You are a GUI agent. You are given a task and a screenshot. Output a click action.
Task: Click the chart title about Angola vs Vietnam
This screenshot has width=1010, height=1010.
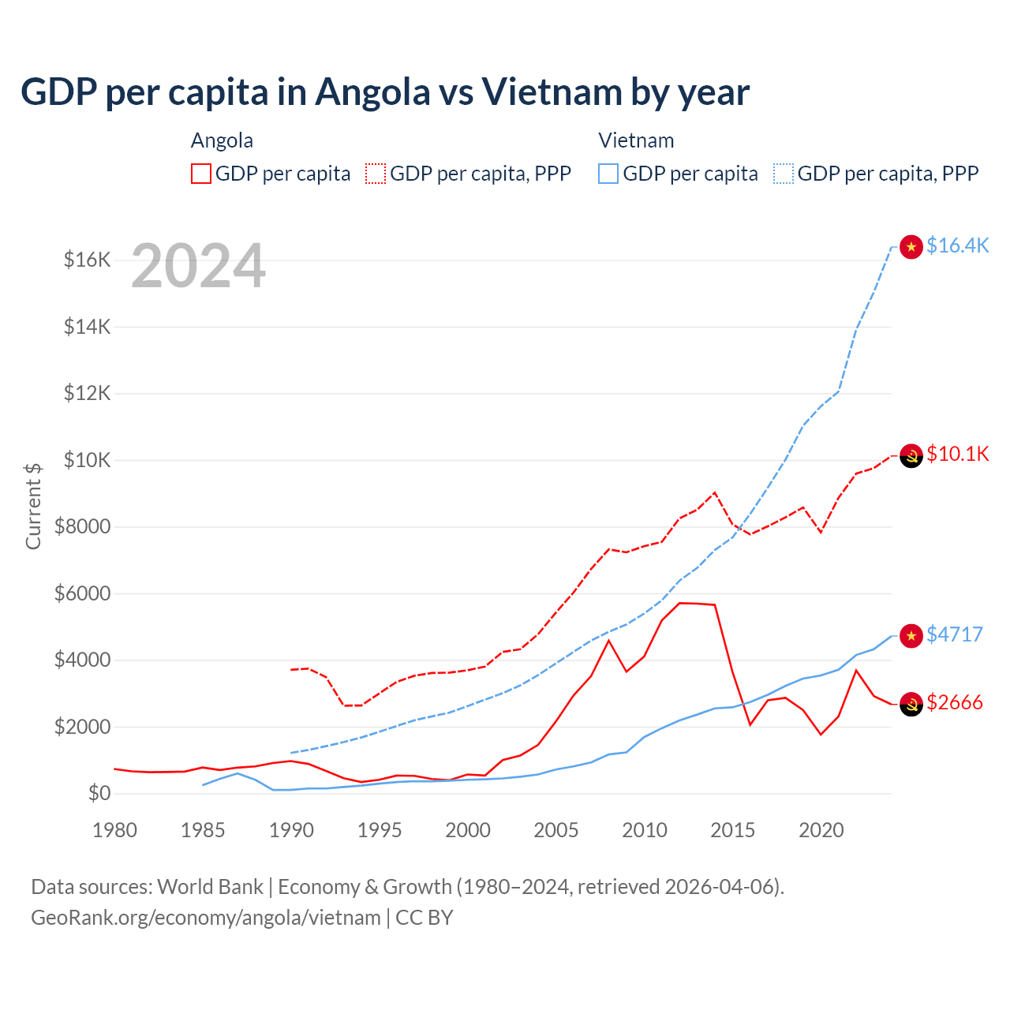[385, 92]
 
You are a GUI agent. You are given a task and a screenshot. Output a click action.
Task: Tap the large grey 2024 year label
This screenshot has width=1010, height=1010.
[198, 266]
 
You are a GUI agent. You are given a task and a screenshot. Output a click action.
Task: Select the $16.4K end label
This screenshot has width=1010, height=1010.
[957, 245]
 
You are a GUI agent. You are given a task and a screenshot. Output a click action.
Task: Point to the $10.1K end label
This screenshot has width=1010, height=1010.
[957, 454]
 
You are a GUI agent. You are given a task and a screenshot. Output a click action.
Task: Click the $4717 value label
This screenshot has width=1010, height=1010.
[954, 634]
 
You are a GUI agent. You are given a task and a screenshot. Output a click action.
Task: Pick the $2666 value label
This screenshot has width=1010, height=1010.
[954, 702]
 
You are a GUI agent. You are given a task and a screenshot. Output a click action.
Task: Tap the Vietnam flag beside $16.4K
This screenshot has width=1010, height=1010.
[911, 247]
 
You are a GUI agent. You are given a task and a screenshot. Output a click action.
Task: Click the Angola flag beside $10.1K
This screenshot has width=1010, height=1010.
[911, 455]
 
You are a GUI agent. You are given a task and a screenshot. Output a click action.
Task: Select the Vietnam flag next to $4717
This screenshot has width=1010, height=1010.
[911, 636]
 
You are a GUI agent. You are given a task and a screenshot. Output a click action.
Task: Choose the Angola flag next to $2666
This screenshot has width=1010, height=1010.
[911, 704]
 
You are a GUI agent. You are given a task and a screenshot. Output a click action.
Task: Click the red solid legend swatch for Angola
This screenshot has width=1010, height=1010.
[201, 174]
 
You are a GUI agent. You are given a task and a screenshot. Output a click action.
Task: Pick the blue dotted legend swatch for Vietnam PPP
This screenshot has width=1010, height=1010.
[784, 174]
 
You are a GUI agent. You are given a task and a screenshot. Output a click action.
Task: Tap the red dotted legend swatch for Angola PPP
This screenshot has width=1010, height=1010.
[376, 174]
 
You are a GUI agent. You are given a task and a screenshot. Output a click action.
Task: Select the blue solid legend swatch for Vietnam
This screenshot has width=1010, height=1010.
[608, 174]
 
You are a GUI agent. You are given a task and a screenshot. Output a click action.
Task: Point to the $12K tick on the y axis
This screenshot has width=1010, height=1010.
[87, 393]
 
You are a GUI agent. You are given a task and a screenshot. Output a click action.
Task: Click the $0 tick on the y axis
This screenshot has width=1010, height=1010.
[99, 793]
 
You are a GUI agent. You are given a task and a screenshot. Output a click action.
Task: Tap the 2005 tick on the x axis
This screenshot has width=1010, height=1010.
[556, 830]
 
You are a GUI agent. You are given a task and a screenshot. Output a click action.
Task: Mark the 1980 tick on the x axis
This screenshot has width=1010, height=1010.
[115, 830]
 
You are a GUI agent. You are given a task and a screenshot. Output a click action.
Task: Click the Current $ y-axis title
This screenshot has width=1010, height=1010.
[33, 506]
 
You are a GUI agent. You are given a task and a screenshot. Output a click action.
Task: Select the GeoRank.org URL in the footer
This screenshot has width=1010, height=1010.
[206, 918]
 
